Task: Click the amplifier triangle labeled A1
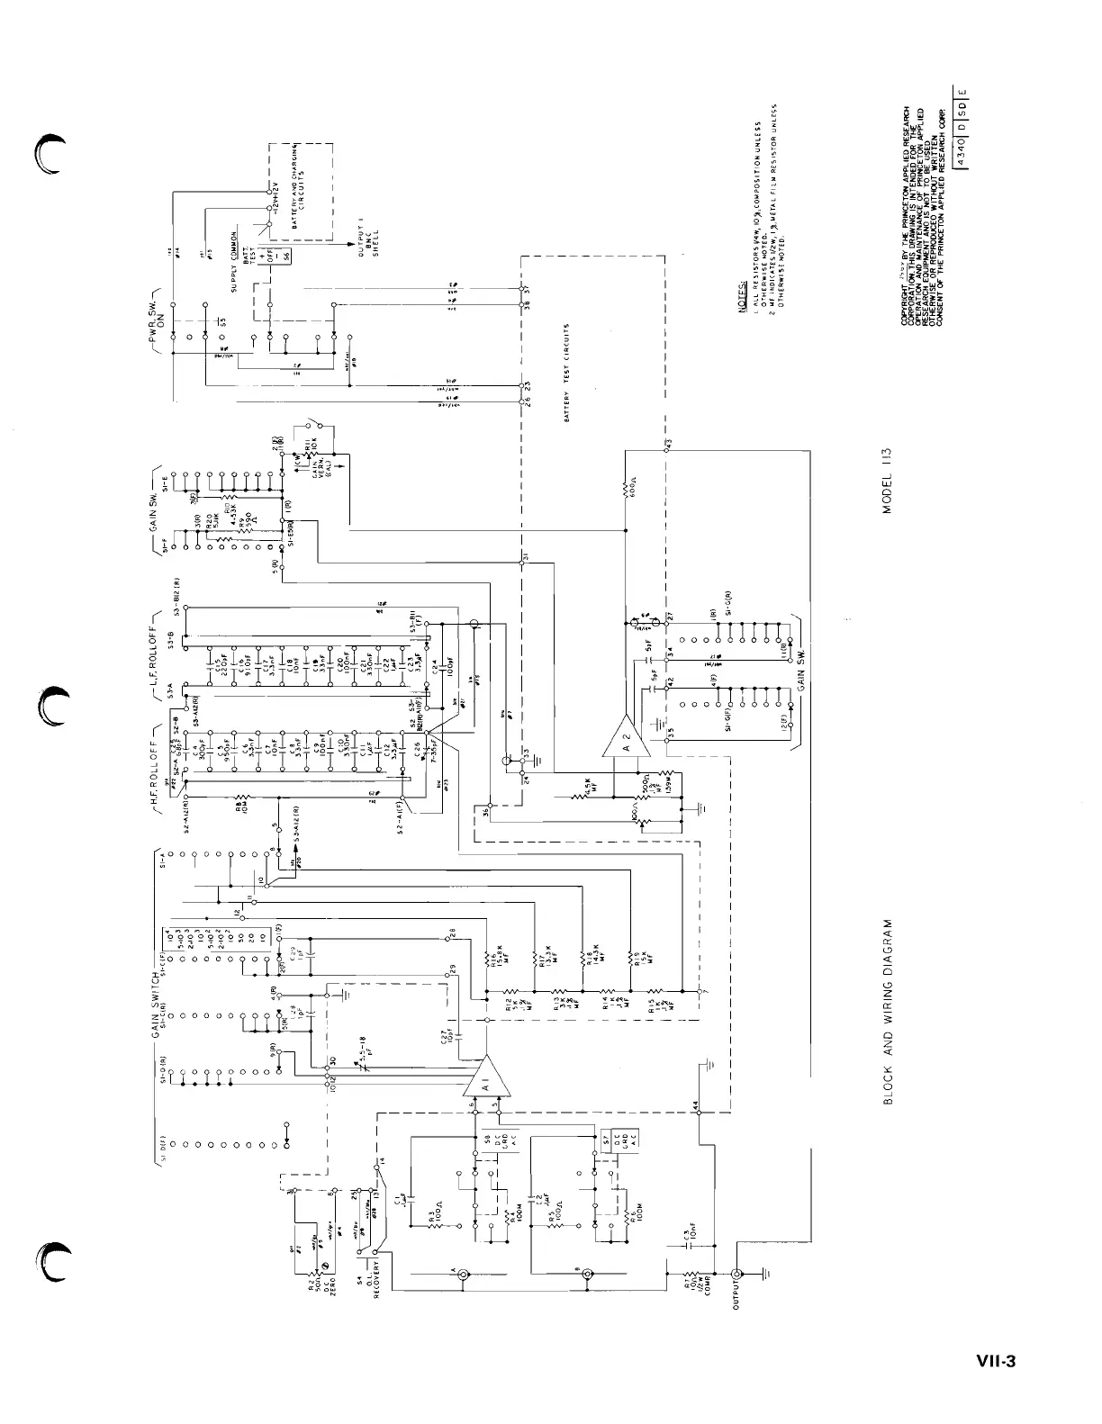pos(487,1076)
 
